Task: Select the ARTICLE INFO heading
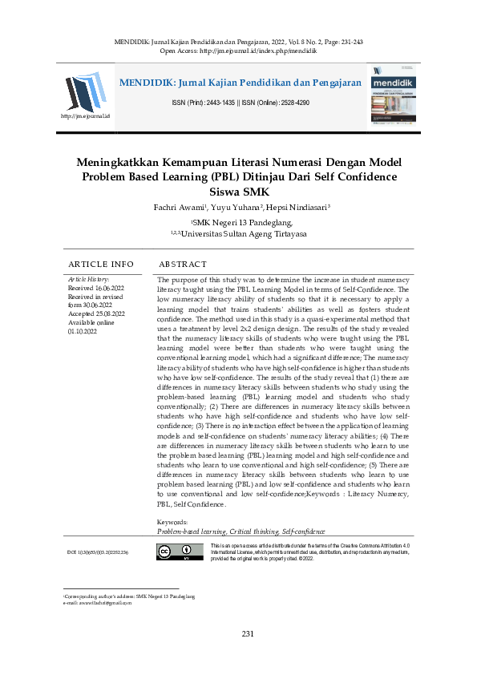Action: pos(101,264)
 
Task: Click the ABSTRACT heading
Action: pos(183,264)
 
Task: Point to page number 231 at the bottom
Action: pos(248,634)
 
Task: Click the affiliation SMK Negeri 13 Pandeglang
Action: pos(241,222)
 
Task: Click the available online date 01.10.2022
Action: pos(83,329)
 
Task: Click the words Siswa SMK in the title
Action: pos(238,192)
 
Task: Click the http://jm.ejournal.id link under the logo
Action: pos(85,117)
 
